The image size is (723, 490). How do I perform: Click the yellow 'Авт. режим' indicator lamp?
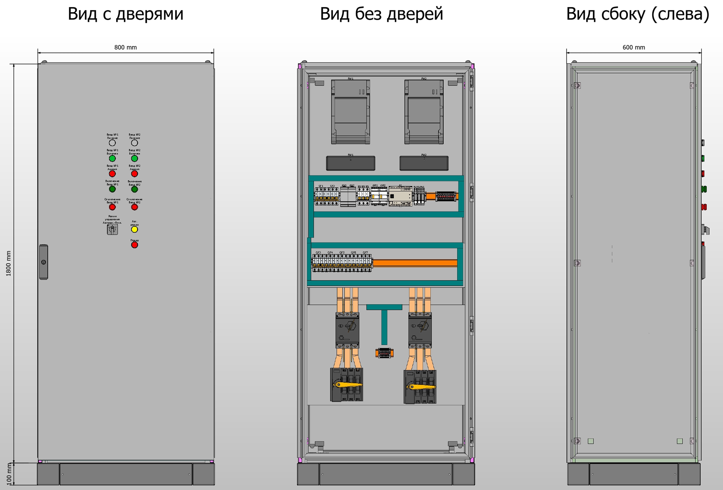pos(134,229)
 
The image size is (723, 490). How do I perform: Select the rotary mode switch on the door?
pos(112,229)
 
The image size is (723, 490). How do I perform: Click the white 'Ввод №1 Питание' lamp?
pos(112,143)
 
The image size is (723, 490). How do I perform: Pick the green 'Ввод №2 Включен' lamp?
pos(134,158)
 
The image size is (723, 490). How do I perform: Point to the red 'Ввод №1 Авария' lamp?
pos(112,174)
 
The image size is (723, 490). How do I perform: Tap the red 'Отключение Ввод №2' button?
pos(134,207)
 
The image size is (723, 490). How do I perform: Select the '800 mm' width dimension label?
pos(125,47)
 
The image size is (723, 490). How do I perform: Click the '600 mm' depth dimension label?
pos(634,47)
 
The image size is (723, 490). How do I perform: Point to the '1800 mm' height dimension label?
pos(8,263)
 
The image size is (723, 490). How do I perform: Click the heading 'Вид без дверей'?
pos(381,14)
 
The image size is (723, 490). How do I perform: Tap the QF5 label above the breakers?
pos(342,252)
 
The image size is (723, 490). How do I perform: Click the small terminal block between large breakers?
pos(384,353)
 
